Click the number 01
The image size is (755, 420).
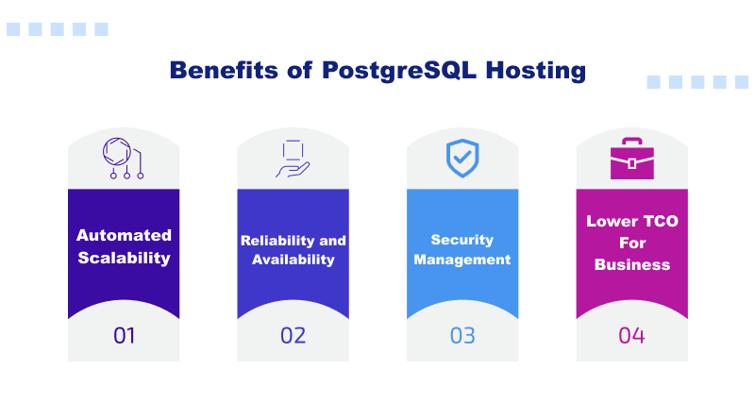coord(124,335)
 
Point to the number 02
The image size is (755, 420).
coord(293,335)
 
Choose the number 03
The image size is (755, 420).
coord(462,335)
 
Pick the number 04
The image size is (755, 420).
coord(631,335)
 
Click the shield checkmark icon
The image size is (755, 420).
coord(462,160)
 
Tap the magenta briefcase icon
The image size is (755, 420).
coord(631,160)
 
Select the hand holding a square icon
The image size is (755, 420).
coord(293,159)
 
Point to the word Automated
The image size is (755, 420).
coord(124,235)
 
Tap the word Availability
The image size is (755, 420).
coord(293,260)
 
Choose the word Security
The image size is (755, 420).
coord(462,241)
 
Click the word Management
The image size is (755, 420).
coord(462,260)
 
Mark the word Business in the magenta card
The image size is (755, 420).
coord(632,264)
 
